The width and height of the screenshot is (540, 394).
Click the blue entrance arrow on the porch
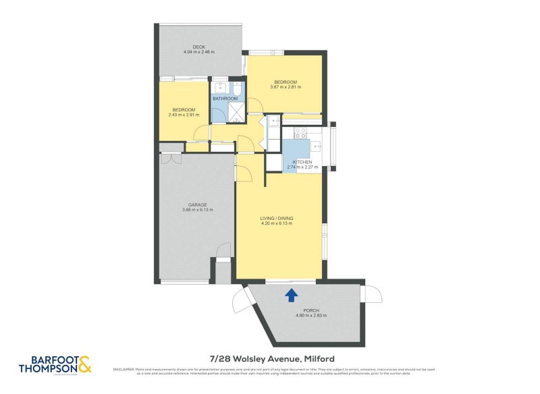coord(292,294)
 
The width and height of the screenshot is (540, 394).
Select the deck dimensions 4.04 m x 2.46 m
coord(198,52)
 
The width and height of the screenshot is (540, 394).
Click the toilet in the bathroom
coord(237,89)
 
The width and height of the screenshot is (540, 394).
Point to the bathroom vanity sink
coord(219,87)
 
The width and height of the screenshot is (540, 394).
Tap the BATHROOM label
coord(225,99)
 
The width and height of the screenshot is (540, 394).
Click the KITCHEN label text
coord(302,162)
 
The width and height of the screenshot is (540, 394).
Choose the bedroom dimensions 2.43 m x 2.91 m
coord(184,115)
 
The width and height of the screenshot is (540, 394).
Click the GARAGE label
coord(197,204)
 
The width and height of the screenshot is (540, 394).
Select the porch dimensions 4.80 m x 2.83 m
coord(311,315)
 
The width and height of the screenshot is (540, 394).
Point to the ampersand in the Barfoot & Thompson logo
coord(84,365)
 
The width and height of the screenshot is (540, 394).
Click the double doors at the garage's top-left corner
coord(171,159)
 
